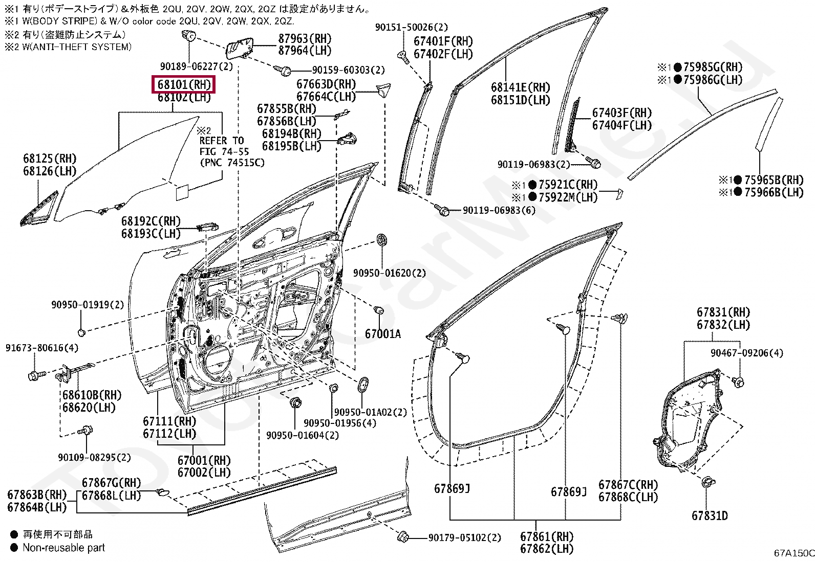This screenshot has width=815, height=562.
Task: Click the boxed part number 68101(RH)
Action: (184, 85)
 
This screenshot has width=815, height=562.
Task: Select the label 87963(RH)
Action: (305, 38)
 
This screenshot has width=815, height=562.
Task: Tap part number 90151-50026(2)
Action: (412, 27)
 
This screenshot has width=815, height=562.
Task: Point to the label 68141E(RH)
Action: (521, 87)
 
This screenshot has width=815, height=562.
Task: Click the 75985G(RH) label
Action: (713, 68)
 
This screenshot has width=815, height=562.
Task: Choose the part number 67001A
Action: (383, 334)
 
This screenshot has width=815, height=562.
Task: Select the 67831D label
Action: (710, 515)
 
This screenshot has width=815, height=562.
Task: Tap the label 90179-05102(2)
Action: (465, 537)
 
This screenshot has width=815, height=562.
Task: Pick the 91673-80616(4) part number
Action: (42, 348)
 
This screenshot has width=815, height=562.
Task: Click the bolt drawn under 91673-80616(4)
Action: (36, 374)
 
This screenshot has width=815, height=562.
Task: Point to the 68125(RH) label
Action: (50, 159)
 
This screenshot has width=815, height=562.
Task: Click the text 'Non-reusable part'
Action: (63, 548)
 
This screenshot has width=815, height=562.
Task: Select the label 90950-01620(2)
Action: (389, 273)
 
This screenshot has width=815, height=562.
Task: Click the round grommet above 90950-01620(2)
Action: (382, 240)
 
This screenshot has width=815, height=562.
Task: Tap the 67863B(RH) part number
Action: (37, 494)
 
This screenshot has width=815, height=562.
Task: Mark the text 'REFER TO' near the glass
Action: (222, 141)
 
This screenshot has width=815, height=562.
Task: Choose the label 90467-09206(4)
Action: (747, 353)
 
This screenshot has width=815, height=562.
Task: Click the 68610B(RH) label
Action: (92, 395)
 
